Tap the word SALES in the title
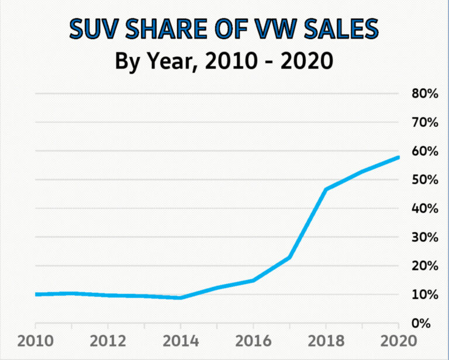[x=340, y=29]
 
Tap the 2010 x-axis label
[x=35, y=341]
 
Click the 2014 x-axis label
[x=181, y=341]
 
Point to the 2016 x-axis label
[x=253, y=341]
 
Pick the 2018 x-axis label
[x=326, y=341]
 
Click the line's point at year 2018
[x=326, y=189]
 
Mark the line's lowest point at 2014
[x=181, y=298]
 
